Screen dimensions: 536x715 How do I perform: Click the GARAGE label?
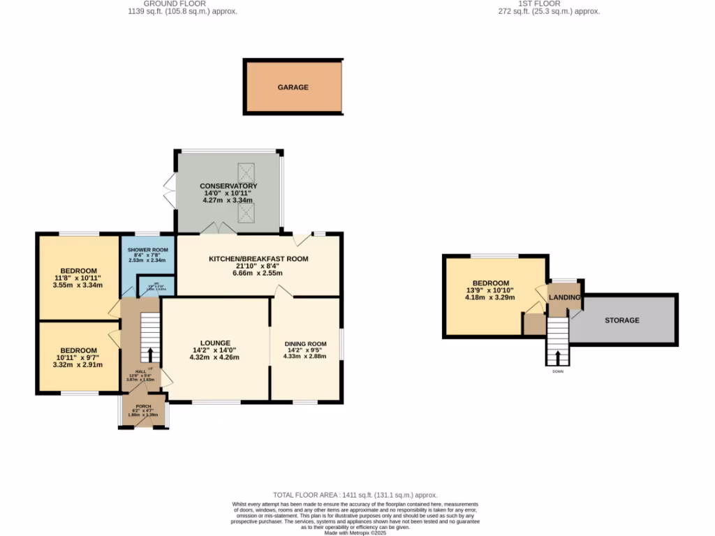click(293, 87)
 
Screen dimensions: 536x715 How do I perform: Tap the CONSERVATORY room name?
click(228, 186)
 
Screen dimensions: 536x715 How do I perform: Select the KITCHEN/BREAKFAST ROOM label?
click(258, 259)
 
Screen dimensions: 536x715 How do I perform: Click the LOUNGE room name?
click(214, 343)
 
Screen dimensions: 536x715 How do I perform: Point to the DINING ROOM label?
click(305, 343)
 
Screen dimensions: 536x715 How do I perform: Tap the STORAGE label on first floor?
click(621, 320)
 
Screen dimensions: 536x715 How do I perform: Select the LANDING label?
click(564, 297)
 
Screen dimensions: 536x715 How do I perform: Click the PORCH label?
click(143, 406)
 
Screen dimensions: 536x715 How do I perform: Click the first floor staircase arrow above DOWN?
click(557, 357)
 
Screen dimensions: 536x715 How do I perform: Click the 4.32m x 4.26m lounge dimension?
click(214, 357)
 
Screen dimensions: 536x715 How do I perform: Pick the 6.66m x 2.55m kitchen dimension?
click(258, 274)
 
